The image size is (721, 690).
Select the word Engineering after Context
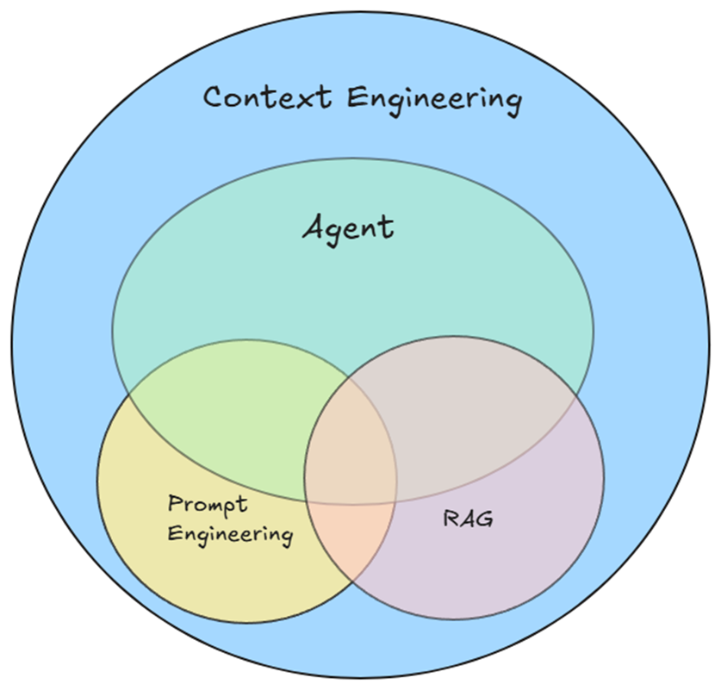tap(434, 98)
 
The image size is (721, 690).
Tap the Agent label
tap(349, 227)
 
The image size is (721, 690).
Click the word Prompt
tap(208, 504)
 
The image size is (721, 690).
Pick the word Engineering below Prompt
tap(230, 534)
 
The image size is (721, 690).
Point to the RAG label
tap(469, 519)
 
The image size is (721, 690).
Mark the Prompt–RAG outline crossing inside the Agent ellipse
tap(351, 376)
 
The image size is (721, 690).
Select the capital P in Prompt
tap(175, 503)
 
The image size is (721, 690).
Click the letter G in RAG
tap(485, 519)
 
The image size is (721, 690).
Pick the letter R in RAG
tap(451, 519)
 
